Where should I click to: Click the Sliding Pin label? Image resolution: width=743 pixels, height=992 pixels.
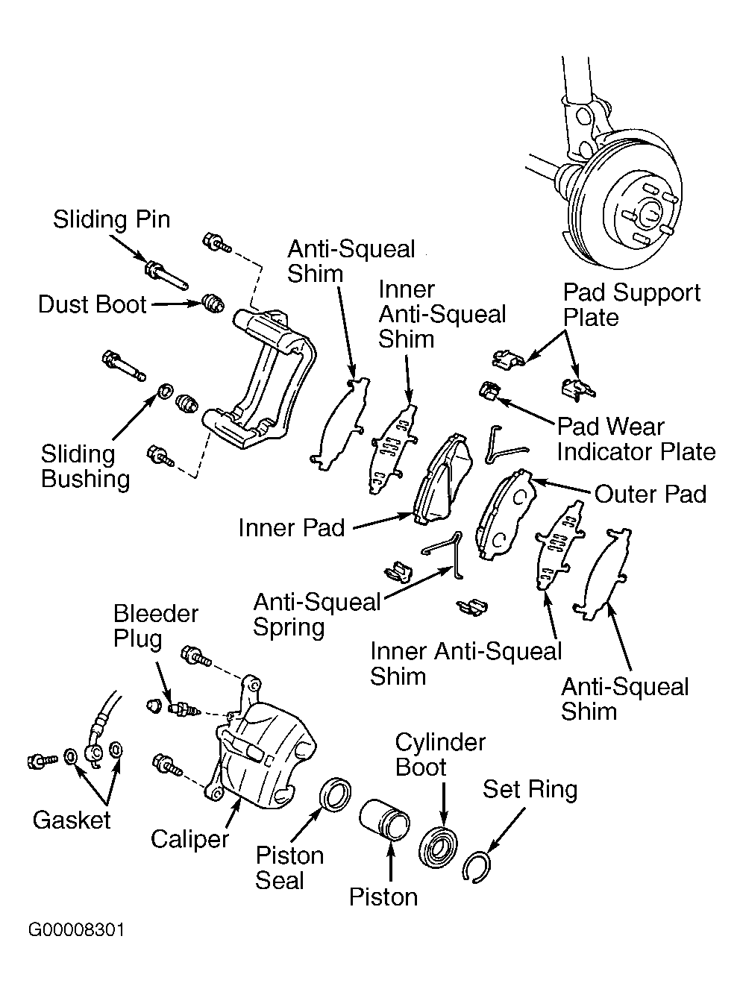coord(112,220)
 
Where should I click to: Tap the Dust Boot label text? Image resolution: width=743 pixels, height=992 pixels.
coord(93,304)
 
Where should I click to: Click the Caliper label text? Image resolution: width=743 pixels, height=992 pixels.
coord(189,839)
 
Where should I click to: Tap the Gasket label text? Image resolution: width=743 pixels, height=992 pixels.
coord(72,820)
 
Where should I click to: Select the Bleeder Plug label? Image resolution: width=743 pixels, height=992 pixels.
coord(155,626)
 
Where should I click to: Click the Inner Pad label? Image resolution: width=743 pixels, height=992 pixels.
coord(292,527)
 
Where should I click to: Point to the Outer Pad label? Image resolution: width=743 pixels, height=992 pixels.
coord(650,494)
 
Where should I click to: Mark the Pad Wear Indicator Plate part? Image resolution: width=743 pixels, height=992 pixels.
coord(489,390)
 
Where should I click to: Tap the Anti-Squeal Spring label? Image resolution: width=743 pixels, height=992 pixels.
coord(317,615)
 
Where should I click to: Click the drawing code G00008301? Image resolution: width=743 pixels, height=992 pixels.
coord(76,930)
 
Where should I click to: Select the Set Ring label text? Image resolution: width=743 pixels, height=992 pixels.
coord(530,789)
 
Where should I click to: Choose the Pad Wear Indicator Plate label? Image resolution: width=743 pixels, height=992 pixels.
coord(636,439)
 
